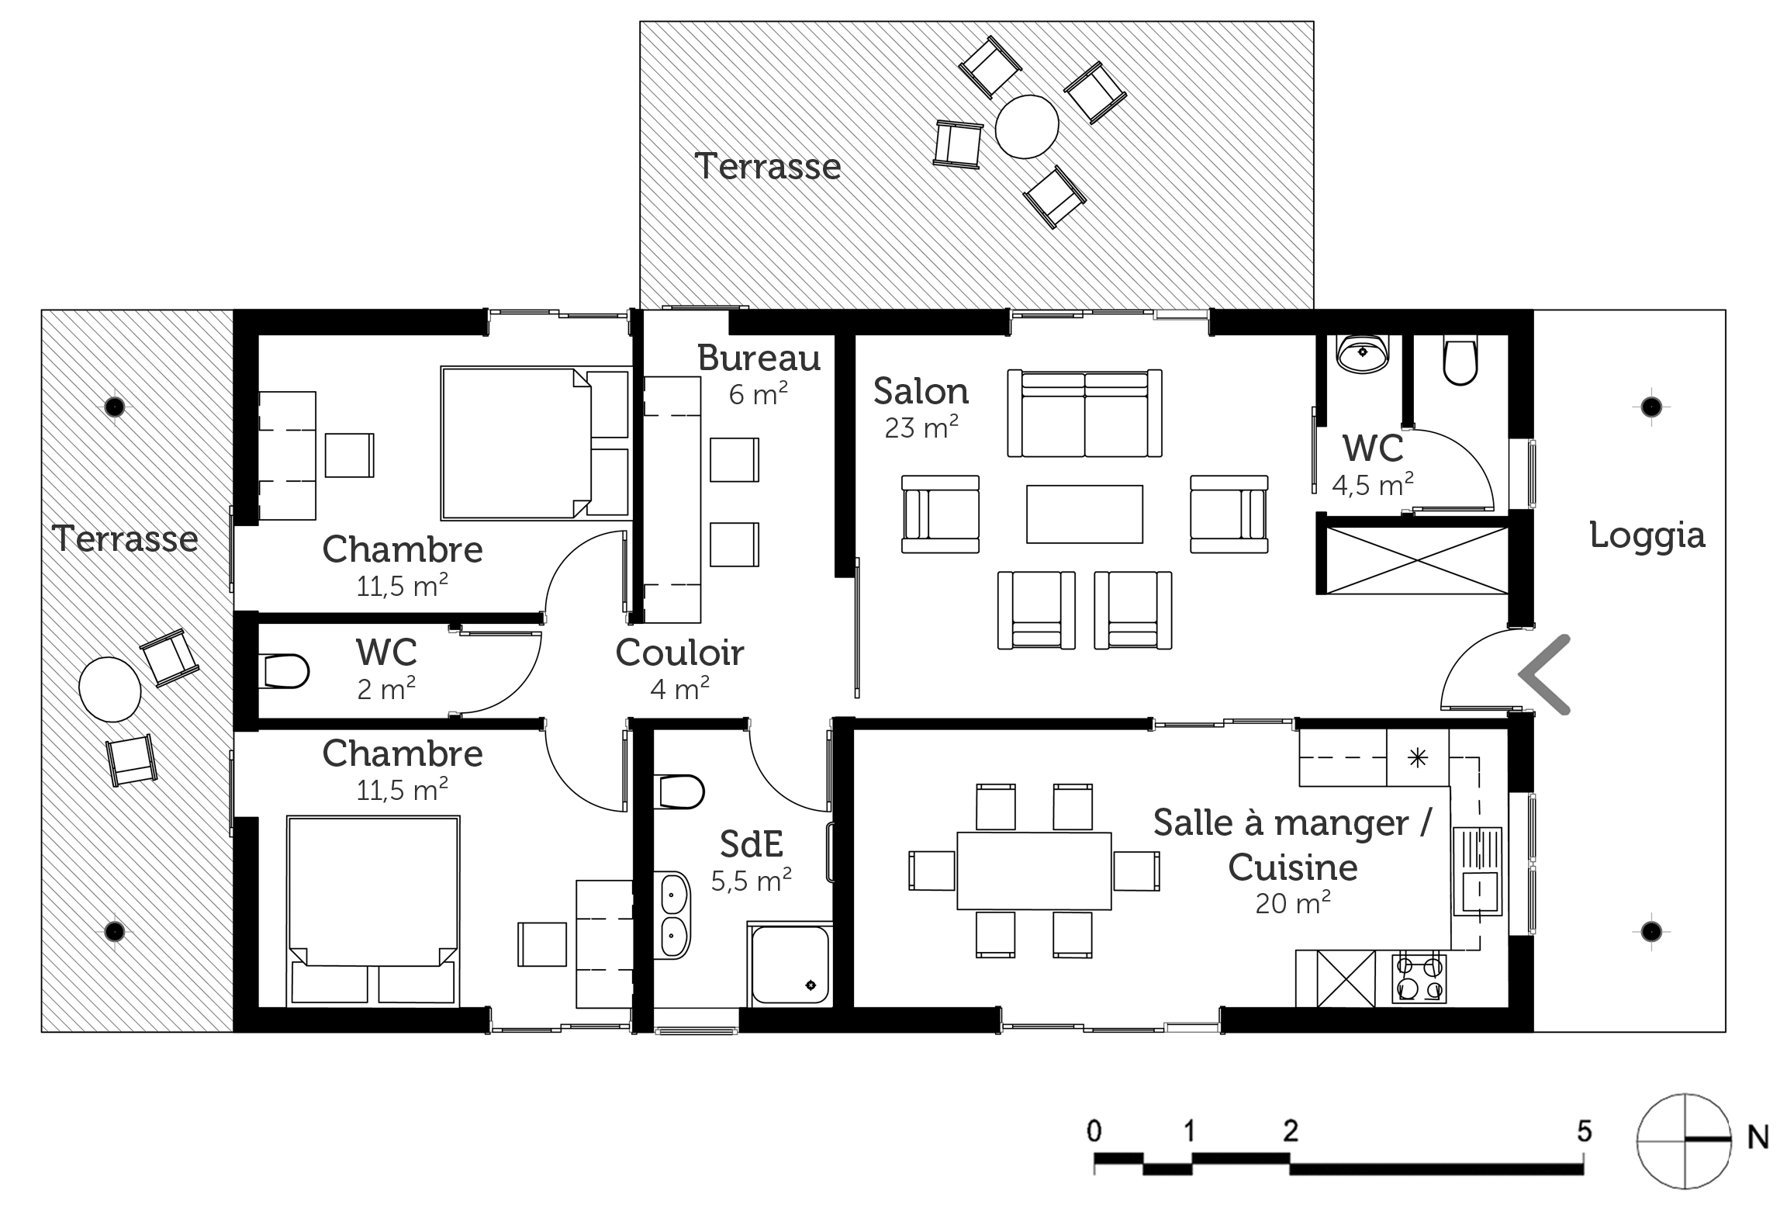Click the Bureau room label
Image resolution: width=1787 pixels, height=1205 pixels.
759,358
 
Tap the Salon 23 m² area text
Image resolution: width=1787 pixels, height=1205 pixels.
921,428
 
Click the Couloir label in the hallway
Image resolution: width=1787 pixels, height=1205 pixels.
679,653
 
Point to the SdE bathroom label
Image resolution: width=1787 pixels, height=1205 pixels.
752,844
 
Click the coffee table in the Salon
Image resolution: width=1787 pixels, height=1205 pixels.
1084,514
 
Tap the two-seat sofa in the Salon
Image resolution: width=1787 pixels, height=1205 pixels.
1084,413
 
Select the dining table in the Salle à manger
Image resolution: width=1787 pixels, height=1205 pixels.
1034,871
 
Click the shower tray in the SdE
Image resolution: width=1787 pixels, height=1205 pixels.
789,964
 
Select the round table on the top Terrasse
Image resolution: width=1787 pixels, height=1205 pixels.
1027,126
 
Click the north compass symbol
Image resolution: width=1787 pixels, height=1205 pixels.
1684,1140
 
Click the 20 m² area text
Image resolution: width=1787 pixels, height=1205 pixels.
1293,903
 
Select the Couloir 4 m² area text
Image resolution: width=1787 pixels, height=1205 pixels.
680,688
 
